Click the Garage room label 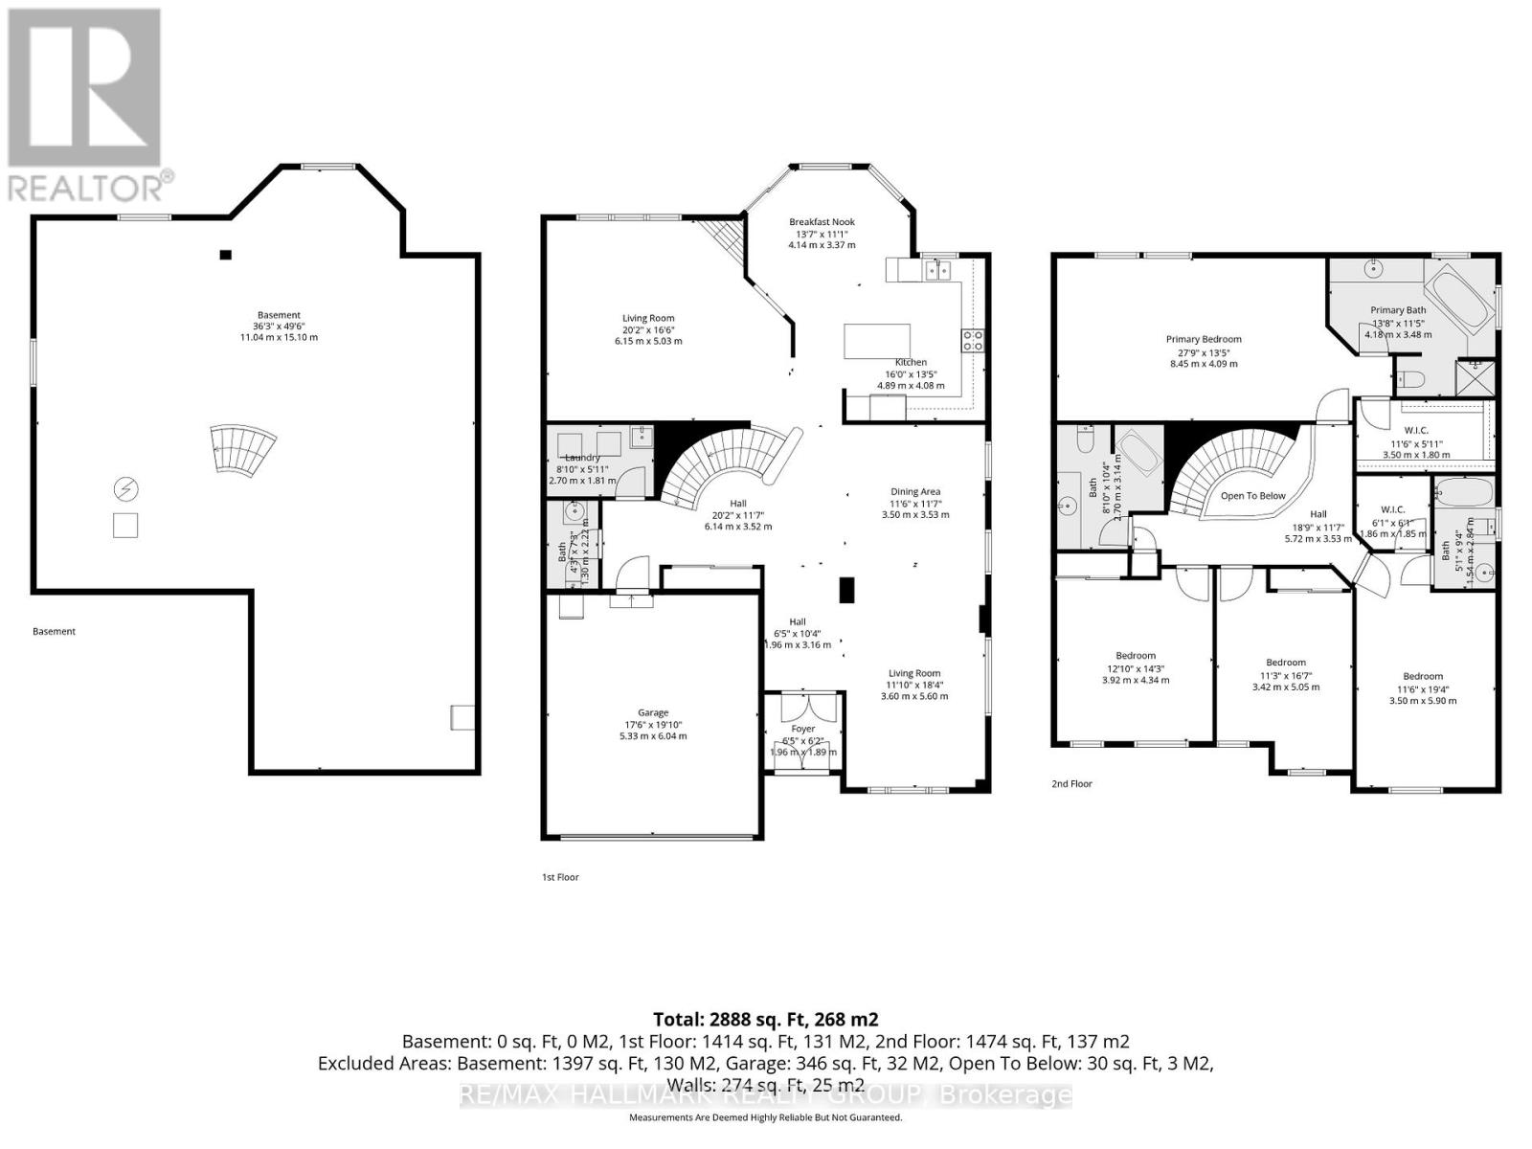pyautogui.click(x=653, y=713)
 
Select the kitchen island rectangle pyautogui.click(x=876, y=341)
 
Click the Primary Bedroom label pyautogui.click(x=1204, y=339)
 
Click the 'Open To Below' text pyautogui.click(x=1252, y=496)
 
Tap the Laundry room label pyautogui.click(x=582, y=458)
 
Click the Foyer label pyautogui.click(x=803, y=730)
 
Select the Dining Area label pyautogui.click(x=915, y=492)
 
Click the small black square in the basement pyautogui.click(x=226, y=255)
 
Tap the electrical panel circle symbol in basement pyautogui.click(x=125, y=490)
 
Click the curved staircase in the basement pyautogui.click(x=243, y=451)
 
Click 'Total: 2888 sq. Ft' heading pyautogui.click(x=765, y=1019)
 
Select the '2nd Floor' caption pyautogui.click(x=1071, y=784)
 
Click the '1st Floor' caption pyautogui.click(x=560, y=877)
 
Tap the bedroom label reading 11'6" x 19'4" pyautogui.click(x=1422, y=677)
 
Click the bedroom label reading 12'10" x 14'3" pyautogui.click(x=1136, y=657)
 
